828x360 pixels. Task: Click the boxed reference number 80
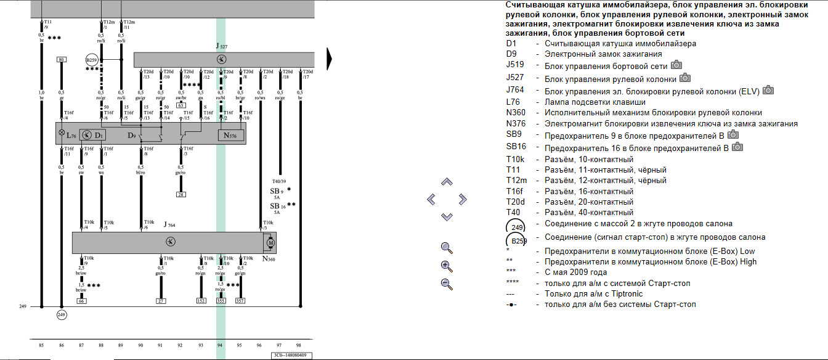[x=61, y=59]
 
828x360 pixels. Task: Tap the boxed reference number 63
[x=181, y=105]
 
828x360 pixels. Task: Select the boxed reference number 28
[x=181, y=194]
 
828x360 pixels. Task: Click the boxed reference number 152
[x=201, y=301]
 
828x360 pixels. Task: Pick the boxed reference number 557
[x=240, y=301]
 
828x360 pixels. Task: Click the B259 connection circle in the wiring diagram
[x=92, y=60]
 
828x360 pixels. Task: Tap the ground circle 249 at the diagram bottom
[x=61, y=315]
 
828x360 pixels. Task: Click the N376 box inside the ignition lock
[x=230, y=135]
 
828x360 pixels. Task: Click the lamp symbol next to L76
[x=61, y=133]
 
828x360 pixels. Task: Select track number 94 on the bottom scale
[x=220, y=345]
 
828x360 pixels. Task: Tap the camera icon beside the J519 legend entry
[x=676, y=65]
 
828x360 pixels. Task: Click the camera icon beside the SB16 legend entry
[x=737, y=147]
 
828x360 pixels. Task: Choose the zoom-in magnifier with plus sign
[x=447, y=266]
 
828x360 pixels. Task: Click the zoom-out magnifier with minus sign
[x=447, y=284]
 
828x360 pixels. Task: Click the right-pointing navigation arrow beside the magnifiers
[x=462, y=199]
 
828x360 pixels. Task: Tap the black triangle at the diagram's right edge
[x=329, y=59]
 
